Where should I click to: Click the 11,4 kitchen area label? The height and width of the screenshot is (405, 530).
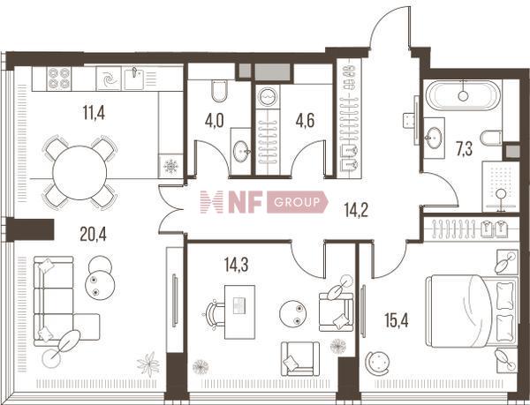[94, 112]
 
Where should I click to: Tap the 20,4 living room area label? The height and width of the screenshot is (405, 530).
[93, 234]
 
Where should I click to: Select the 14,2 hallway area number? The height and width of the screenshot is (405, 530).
[356, 210]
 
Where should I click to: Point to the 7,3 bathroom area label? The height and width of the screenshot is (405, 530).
[464, 149]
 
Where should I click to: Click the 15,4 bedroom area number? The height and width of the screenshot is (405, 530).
[397, 320]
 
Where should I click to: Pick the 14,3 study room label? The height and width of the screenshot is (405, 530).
[236, 265]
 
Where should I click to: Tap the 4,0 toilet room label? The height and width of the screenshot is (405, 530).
[214, 121]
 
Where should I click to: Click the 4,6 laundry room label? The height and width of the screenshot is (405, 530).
[305, 121]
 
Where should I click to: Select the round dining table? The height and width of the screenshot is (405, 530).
[79, 172]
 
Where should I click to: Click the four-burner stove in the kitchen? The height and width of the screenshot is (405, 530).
[59, 79]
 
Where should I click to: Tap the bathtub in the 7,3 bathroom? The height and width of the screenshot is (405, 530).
[463, 95]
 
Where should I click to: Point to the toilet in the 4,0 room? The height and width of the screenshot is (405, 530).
[219, 91]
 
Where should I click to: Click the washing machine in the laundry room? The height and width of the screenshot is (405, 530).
[268, 96]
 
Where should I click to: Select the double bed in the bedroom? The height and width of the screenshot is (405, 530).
[473, 311]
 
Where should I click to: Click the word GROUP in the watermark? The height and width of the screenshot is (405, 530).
[297, 202]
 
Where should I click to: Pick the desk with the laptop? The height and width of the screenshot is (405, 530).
[239, 311]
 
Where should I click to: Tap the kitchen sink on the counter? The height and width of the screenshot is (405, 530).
[134, 79]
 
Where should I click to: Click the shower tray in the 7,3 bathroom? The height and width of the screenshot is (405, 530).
[501, 187]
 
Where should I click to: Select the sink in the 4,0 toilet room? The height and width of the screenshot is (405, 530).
[241, 152]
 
